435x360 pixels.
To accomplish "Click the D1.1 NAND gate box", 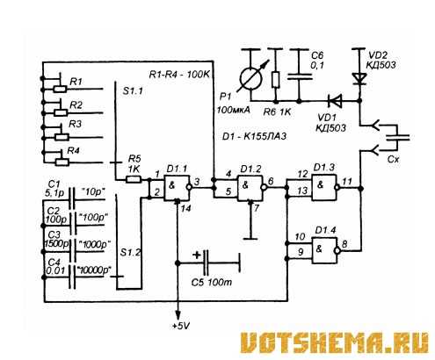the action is pos(177,188).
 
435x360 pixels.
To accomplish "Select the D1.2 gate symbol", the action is pos(250,188).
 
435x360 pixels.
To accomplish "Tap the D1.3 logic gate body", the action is pos(323,187).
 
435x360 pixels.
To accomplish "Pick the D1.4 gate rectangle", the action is pos(324,250).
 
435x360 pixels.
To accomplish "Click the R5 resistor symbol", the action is pos(134,179).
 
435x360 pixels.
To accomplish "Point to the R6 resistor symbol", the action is pos(275,80).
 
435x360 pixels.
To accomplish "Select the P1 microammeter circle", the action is pos(251,78).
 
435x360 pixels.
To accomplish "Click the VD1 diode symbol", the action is pos(335,101).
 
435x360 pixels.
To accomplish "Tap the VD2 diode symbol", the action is pos(359,78).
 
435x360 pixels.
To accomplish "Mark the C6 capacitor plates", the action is pos(300,76).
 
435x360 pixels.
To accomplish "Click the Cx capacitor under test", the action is pos(397,138).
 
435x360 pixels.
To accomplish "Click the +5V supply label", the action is pos(181,326).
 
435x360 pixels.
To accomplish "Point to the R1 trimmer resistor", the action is pos(60,89).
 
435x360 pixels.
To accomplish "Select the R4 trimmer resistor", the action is pos(62,162).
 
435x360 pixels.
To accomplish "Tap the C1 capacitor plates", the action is pos(72,198).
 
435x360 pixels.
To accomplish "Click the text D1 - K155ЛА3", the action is pos(254,136).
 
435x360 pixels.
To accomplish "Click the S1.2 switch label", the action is pos(131,253).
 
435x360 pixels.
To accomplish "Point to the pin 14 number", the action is pos(185,208).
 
